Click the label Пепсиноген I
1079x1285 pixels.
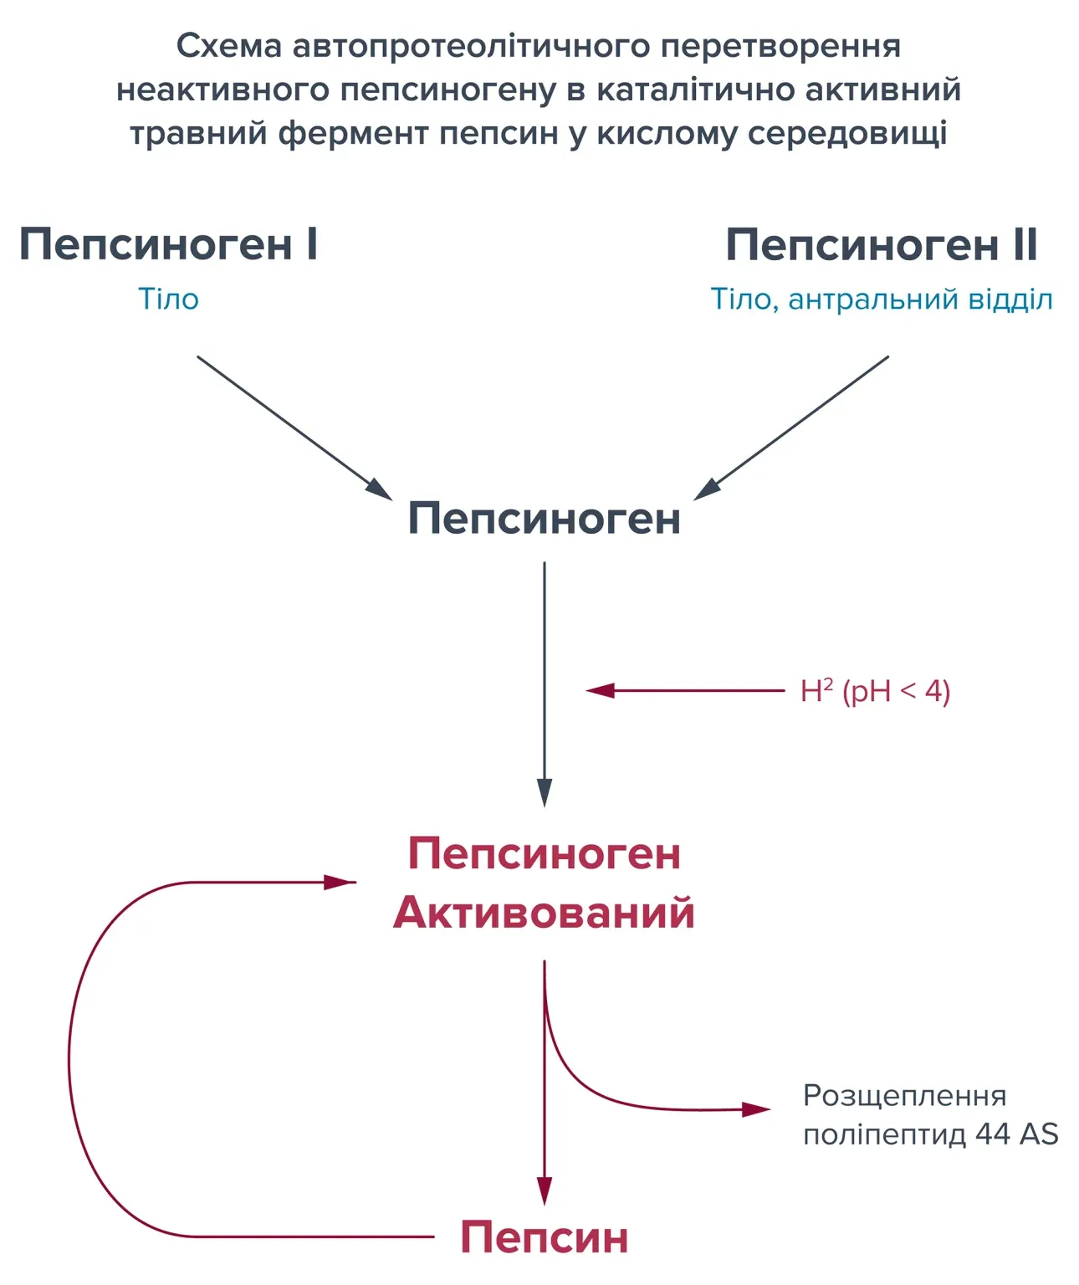click(168, 245)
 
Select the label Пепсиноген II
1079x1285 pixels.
click(881, 245)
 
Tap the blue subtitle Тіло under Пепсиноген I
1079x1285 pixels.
click(168, 299)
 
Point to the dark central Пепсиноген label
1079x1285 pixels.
click(544, 519)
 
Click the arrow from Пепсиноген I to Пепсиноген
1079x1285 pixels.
click(293, 427)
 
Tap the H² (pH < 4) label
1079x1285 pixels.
click(875, 692)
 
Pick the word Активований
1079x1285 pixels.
click(544, 912)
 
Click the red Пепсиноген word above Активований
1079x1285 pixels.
click(544, 854)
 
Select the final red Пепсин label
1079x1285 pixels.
click(544, 1236)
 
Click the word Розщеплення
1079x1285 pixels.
click(904, 1096)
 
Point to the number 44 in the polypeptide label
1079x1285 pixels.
click(993, 1134)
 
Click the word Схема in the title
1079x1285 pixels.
click(228, 46)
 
